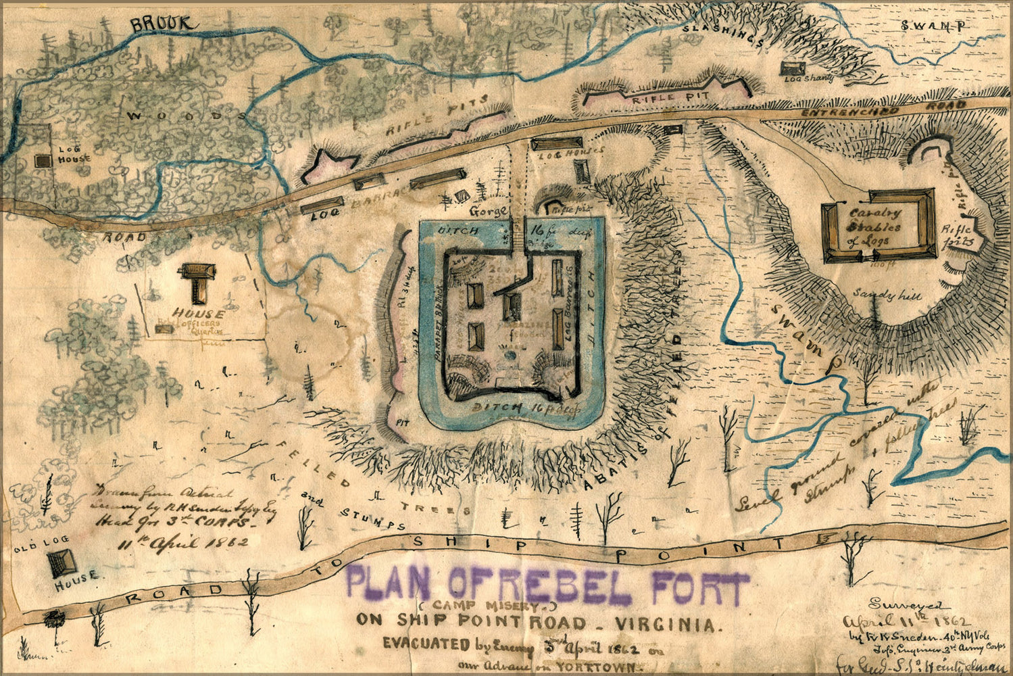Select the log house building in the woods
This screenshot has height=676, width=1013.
[44, 161]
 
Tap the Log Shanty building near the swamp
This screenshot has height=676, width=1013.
[791, 68]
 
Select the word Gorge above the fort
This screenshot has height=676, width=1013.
[489, 211]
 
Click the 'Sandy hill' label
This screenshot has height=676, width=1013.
[878, 295]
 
